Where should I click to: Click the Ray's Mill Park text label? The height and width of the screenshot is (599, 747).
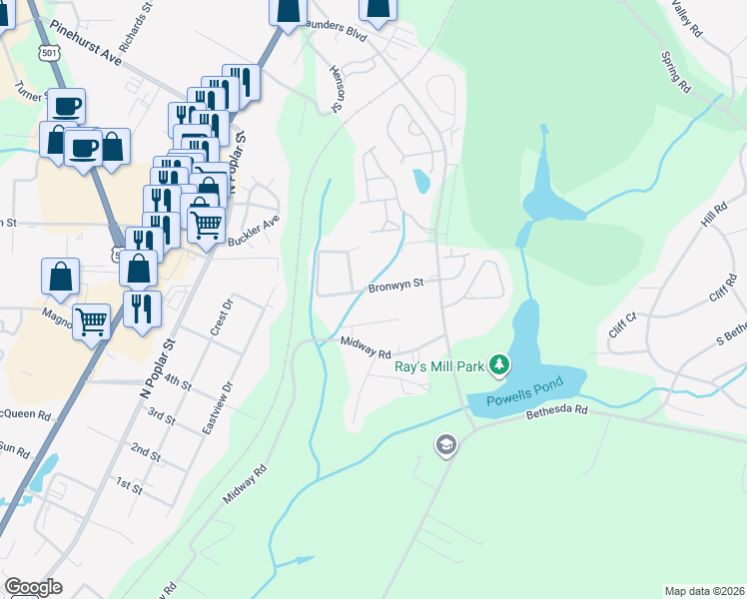point(438,367)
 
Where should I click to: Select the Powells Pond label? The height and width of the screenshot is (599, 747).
point(525,391)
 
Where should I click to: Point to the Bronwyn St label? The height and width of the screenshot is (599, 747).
point(396,284)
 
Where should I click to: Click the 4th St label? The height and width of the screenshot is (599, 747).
point(178,381)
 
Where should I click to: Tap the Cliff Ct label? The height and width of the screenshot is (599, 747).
point(622,325)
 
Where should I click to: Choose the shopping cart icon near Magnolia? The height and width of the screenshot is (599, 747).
point(91,321)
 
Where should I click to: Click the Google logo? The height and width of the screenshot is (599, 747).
point(33,587)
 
